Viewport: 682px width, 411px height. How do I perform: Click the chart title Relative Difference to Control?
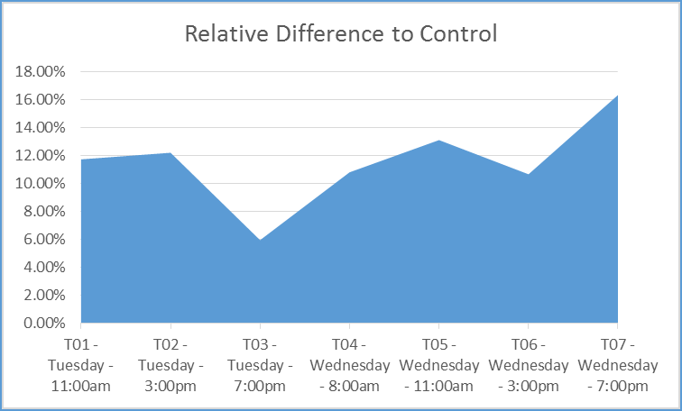pos(341,34)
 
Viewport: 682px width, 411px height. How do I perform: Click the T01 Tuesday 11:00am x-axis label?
pos(81,366)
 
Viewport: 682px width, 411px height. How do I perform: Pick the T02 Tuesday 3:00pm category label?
pos(170,366)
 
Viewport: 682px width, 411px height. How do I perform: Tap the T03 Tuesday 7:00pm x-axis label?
pos(260,366)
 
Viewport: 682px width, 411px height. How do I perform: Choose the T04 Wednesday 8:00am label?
pos(349,366)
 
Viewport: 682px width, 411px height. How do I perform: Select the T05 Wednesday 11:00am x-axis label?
pos(438,366)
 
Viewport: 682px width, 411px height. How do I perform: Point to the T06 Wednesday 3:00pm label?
pos(528,366)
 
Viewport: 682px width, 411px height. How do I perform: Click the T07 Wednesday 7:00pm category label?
pos(617,366)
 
